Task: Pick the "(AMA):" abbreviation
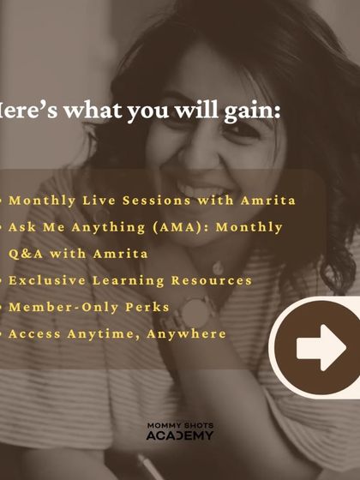click(x=175, y=227)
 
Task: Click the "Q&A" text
click(x=24, y=254)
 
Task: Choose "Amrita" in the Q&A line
click(x=117, y=254)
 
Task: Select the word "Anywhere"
click(x=189, y=333)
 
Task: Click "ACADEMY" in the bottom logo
click(x=179, y=435)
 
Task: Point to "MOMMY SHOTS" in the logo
click(x=179, y=424)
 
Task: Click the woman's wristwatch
click(x=199, y=315)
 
